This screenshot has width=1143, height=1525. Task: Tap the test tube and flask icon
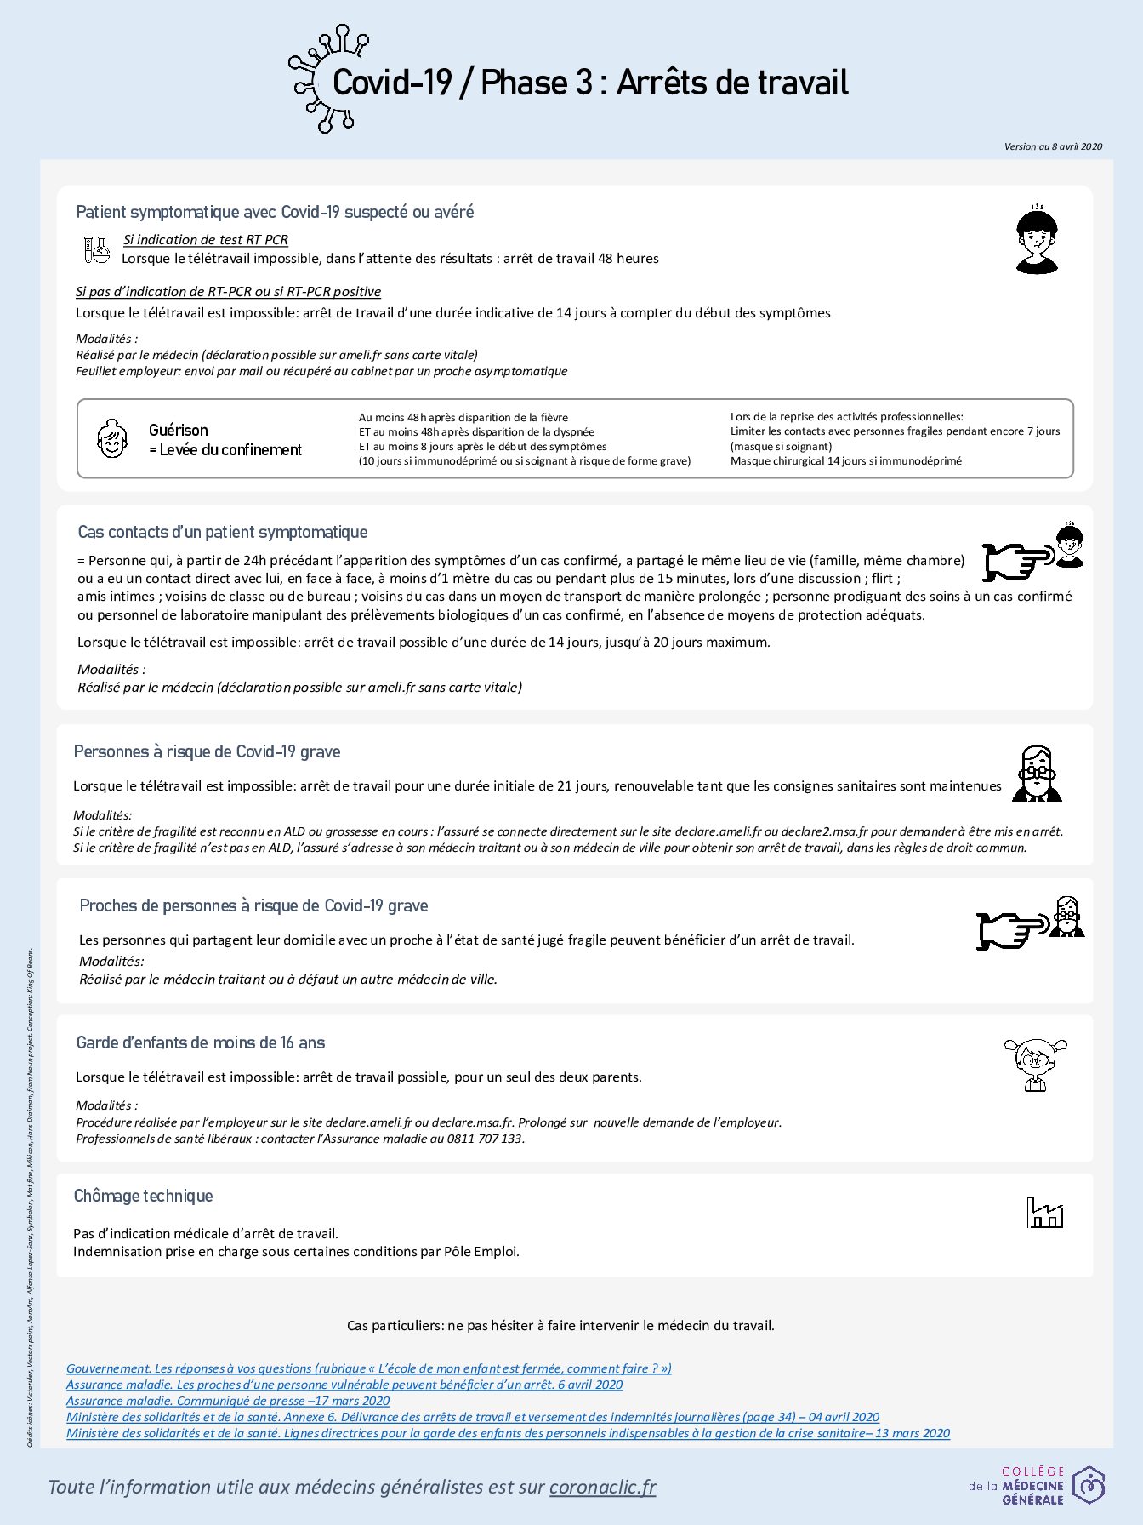(x=96, y=249)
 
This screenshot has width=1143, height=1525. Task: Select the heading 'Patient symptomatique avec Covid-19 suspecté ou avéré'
(x=275, y=212)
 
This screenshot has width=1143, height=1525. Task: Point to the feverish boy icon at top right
(x=1037, y=240)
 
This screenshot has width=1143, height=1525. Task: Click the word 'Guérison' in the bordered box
(x=178, y=431)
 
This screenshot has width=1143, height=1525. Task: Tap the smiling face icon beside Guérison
(x=112, y=438)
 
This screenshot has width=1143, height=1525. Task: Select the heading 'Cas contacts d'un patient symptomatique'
(x=223, y=533)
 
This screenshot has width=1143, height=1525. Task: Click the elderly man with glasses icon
(x=1037, y=774)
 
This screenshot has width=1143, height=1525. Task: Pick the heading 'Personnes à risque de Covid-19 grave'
(x=207, y=752)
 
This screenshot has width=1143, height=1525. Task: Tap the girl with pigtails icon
(x=1035, y=1064)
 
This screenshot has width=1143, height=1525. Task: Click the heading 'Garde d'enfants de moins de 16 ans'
(x=200, y=1043)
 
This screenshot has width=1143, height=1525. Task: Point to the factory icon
(x=1044, y=1213)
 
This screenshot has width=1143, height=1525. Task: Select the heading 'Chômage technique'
(x=143, y=1197)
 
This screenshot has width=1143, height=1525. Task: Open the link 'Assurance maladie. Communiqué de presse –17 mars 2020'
(x=228, y=1401)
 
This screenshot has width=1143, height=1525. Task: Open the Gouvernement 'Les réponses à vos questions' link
(x=369, y=1368)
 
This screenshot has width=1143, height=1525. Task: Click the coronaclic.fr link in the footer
(x=602, y=1487)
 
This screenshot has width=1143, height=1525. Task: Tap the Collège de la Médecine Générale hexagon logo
(x=1088, y=1486)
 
